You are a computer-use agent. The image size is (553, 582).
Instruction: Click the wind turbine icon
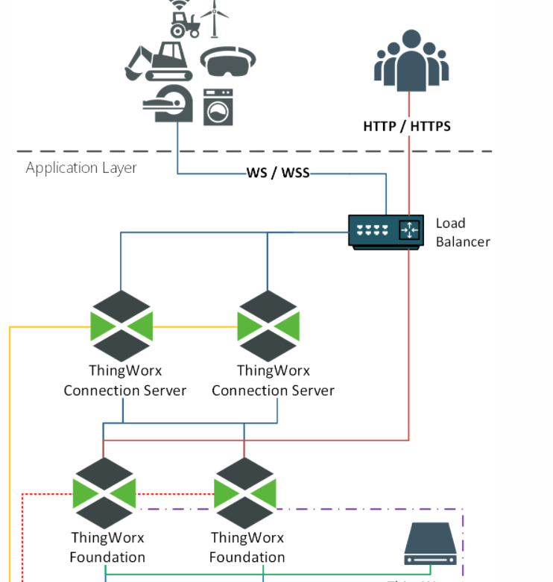click(x=215, y=19)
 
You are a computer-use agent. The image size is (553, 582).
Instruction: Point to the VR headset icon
click(x=229, y=63)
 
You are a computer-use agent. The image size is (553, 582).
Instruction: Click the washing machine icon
click(x=218, y=107)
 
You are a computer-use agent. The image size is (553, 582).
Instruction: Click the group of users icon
click(x=411, y=60)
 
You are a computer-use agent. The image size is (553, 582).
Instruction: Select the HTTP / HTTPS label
click(x=407, y=126)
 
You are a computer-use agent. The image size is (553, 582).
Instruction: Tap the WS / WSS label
click(x=277, y=173)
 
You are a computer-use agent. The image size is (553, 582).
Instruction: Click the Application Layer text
click(x=81, y=168)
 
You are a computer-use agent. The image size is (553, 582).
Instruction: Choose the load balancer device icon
click(x=386, y=231)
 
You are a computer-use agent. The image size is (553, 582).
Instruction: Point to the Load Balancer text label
click(x=462, y=232)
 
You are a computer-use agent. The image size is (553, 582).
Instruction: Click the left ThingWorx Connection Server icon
click(x=121, y=326)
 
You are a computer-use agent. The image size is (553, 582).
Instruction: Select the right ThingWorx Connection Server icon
click(x=268, y=326)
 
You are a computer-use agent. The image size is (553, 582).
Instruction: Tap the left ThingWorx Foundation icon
click(x=104, y=493)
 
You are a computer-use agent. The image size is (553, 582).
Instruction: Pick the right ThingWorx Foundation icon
click(x=245, y=493)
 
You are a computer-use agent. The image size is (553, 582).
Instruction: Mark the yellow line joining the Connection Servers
click(x=195, y=326)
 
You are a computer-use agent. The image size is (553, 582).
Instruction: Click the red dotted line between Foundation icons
click(x=174, y=493)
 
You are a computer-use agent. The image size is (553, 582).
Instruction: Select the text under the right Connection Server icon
click(x=273, y=380)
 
